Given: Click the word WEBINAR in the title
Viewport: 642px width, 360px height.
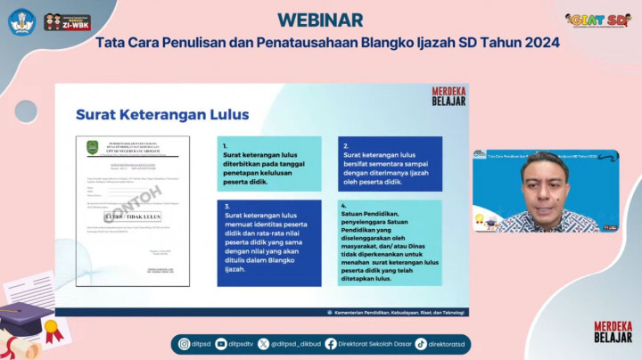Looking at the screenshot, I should coord(319,19).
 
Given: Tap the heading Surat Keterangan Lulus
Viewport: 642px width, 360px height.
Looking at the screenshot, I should coord(162,115).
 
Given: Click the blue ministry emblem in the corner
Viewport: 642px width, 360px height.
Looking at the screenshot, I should coord(21,21).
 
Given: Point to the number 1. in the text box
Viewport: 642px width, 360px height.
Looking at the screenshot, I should coord(226,144).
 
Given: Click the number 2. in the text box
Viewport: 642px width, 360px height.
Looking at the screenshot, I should coord(346,144).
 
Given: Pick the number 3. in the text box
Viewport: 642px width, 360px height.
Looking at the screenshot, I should coord(226,206).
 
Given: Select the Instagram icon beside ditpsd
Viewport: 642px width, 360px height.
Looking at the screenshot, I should coord(185,343).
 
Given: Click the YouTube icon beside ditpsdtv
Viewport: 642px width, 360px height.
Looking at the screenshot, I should coord(220,343).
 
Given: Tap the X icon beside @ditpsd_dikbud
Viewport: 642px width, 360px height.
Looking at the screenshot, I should coord(263,343).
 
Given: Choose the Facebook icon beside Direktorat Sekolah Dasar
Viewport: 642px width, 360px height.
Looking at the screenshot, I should coord(331,343).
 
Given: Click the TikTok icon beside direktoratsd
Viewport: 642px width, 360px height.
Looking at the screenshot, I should coord(421,343).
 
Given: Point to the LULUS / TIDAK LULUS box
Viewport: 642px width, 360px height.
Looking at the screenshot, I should coord(130,216).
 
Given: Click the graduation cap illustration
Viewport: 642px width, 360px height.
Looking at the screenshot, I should coord(24,320).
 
